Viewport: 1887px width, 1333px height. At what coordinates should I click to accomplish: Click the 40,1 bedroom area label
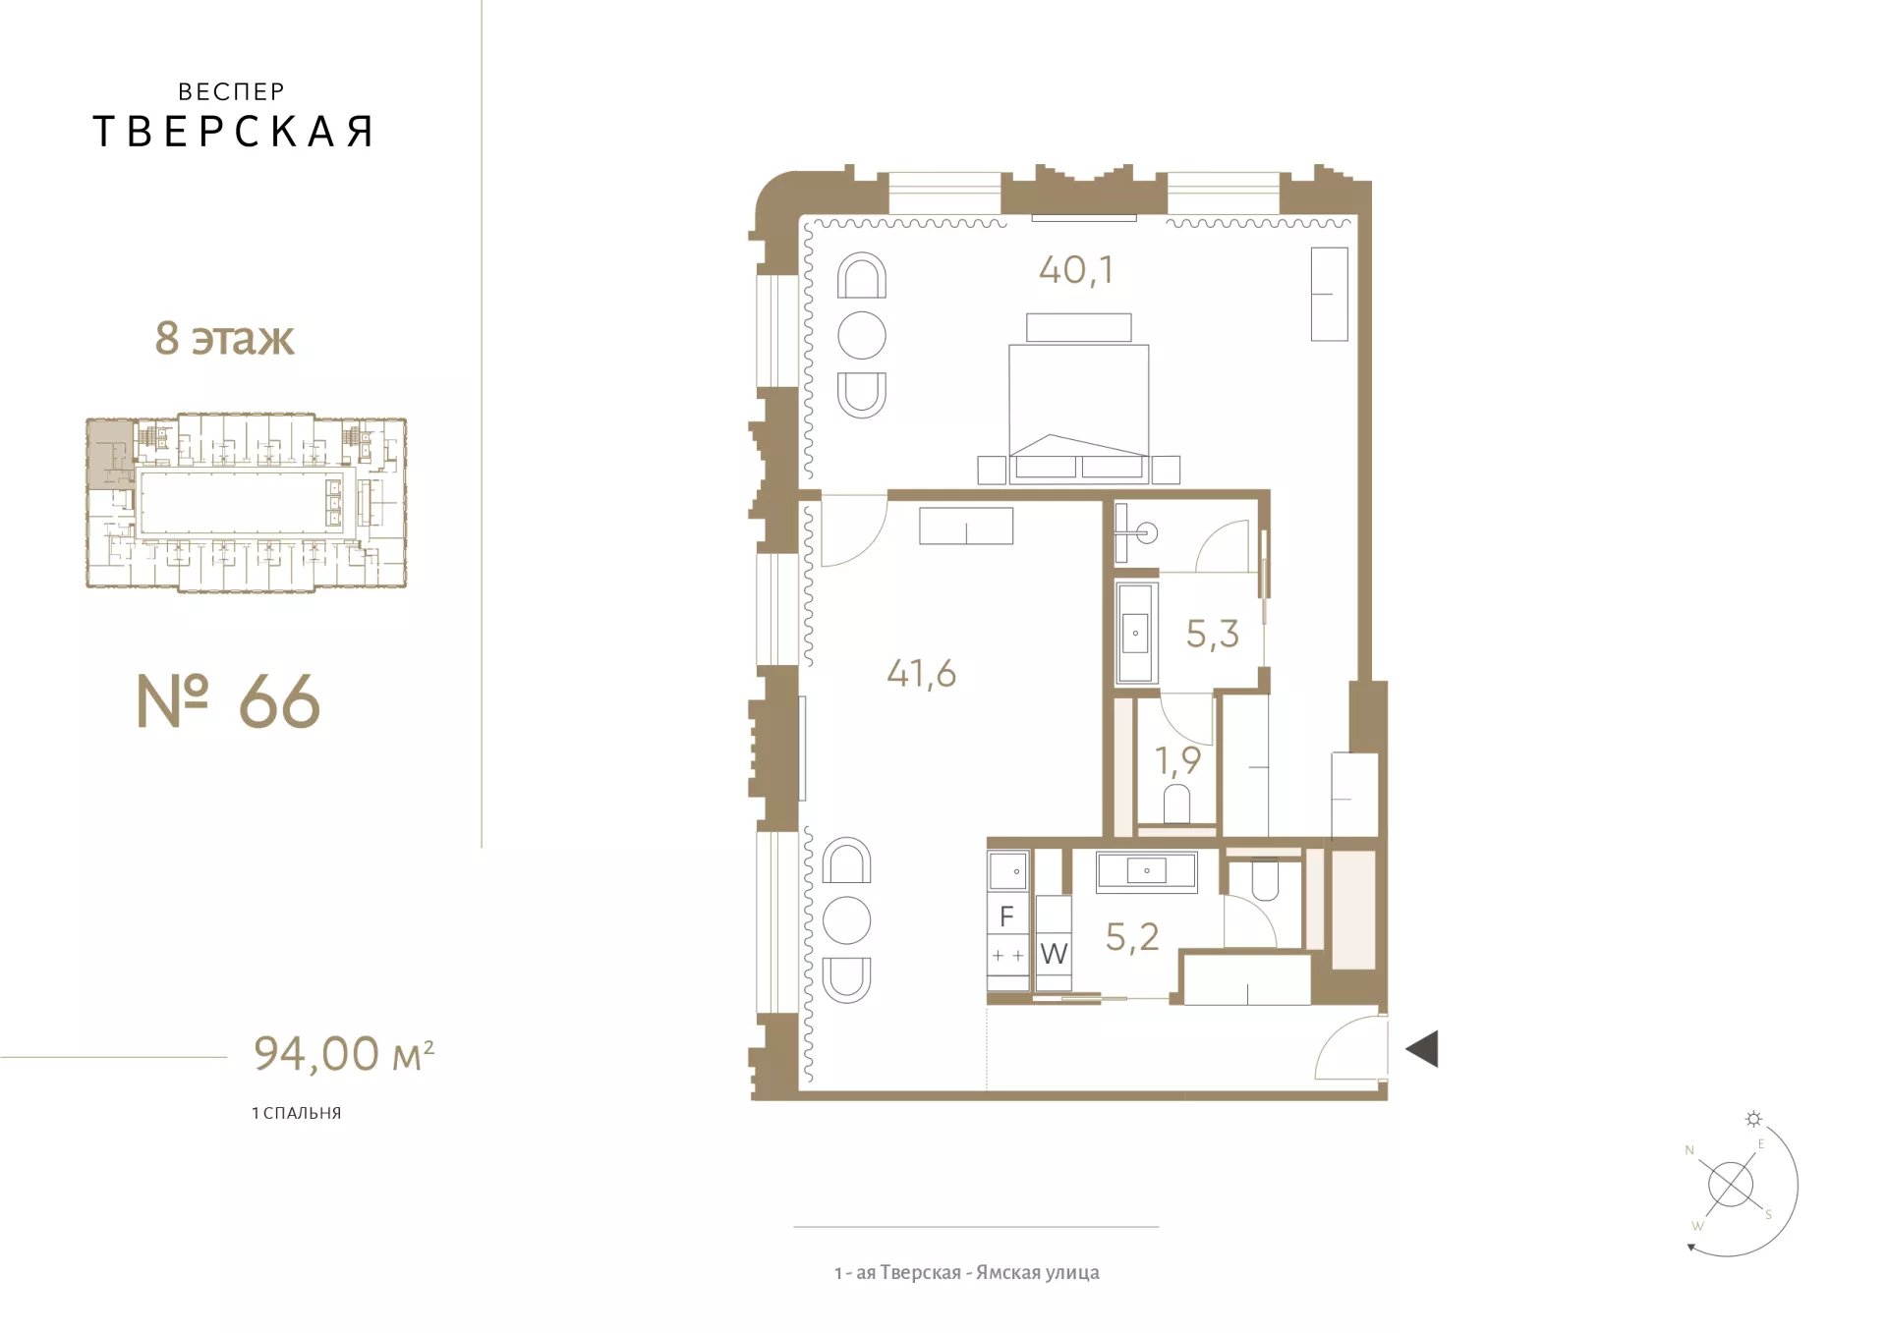pos(1076,270)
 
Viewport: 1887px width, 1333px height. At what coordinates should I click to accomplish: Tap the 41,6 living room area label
pos(921,674)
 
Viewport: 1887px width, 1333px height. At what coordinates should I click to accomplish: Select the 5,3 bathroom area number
pos(1213,635)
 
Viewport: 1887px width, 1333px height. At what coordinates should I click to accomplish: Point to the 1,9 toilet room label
pos(1177,760)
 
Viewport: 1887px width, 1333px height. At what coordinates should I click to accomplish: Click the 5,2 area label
pos(1132,937)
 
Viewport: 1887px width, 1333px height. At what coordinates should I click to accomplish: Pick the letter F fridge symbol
pos(1006,916)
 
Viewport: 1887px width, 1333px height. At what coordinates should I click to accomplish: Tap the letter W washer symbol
pos(1054,953)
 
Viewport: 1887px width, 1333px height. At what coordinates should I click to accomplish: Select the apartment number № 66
pos(228,701)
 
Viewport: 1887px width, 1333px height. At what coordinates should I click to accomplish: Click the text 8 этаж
pos(224,338)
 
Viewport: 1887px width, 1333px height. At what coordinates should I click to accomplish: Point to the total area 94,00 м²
pos(344,1053)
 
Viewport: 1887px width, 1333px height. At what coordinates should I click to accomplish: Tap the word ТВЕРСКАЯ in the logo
pos(233,132)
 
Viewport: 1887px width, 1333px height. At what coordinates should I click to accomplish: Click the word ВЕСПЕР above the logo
pos(232,91)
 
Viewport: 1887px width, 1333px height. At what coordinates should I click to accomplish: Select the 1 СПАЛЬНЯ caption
pos(297,1113)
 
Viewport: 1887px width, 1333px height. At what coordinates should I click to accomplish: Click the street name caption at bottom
pos(967,1272)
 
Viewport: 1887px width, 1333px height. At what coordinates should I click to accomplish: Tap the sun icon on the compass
pos(1753,1119)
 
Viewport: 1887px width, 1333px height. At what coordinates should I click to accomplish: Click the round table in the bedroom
pos(862,335)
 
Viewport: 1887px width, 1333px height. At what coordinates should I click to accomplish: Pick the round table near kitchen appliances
pos(846,920)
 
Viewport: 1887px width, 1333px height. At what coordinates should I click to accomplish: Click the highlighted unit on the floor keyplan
pos(110,453)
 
